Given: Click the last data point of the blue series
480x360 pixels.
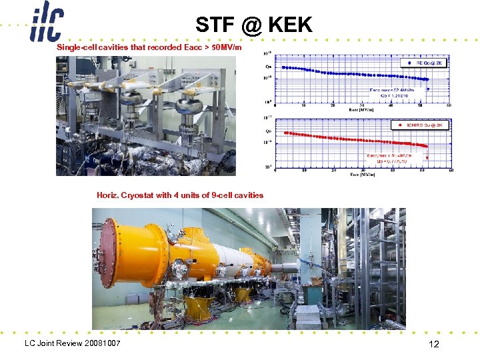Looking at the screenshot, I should [427, 81].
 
